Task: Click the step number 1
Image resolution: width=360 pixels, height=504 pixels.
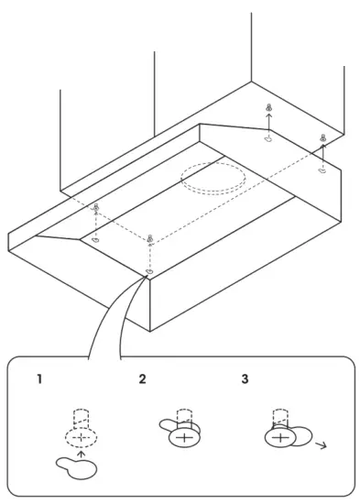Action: pyautogui.click(x=38, y=378)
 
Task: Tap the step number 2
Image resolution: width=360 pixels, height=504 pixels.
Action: pyautogui.click(x=142, y=378)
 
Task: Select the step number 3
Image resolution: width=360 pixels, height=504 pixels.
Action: pyautogui.click(x=244, y=378)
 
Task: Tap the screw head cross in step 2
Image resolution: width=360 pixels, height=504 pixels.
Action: pyautogui.click(x=184, y=438)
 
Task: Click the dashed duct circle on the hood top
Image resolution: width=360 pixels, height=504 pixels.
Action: pyautogui.click(x=213, y=179)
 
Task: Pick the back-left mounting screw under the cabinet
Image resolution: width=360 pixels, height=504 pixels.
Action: pyautogui.click(x=268, y=109)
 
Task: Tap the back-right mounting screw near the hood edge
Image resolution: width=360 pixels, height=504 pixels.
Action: pyautogui.click(x=322, y=138)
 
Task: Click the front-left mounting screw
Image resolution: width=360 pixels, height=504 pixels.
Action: pyautogui.click(x=96, y=209)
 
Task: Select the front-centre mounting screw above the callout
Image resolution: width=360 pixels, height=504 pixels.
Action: pyautogui.click(x=149, y=240)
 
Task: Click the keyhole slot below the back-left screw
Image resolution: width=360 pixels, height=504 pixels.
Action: pyautogui.click(x=267, y=140)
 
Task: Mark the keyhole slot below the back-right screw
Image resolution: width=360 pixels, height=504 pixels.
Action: pyautogui.click(x=322, y=170)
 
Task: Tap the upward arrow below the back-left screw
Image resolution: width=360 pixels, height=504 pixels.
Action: pyautogui.click(x=268, y=125)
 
